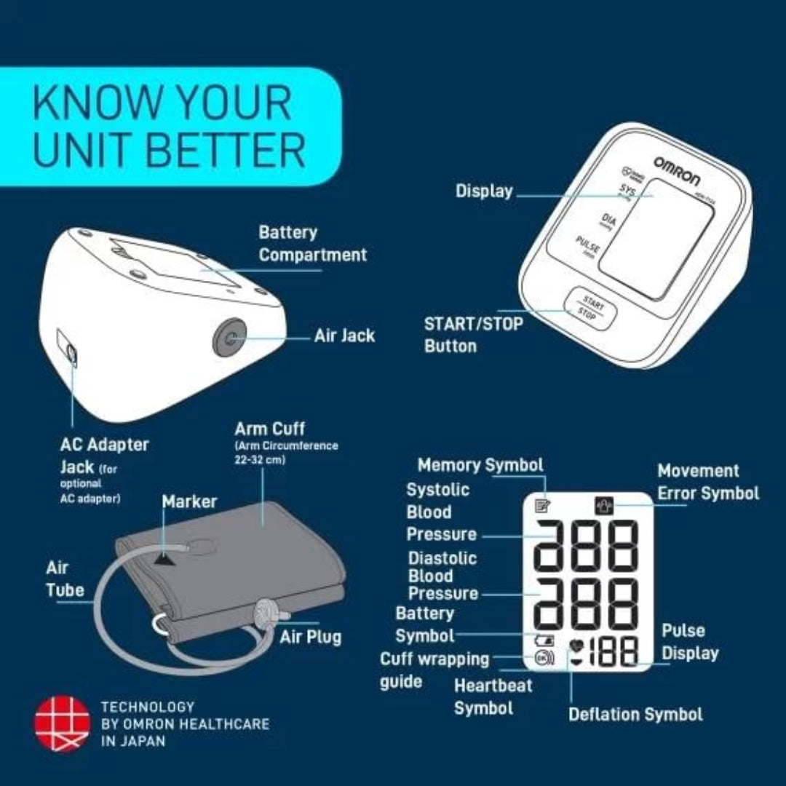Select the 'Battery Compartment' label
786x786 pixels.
313,244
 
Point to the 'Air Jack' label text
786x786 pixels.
344,336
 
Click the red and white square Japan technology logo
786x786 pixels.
62,723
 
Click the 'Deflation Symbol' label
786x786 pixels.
635,714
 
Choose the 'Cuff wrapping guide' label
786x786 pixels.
434,670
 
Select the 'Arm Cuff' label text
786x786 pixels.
269,428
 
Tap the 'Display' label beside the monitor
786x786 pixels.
484,191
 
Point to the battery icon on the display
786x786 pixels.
544,641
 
